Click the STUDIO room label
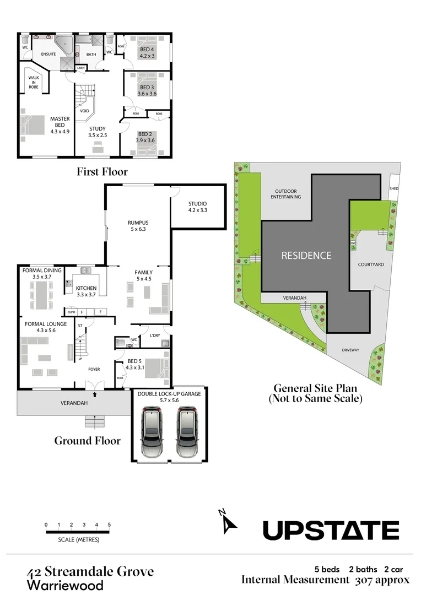click(x=197, y=203)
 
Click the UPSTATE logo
click(x=331, y=531)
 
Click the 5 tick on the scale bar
click(x=110, y=524)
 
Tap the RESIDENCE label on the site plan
click(x=306, y=256)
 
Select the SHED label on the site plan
click(x=393, y=188)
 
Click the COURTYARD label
click(x=371, y=264)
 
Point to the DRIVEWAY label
click(x=350, y=349)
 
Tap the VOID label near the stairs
click(x=84, y=111)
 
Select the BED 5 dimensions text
click(x=134, y=367)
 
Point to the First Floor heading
click(x=102, y=172)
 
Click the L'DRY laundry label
click(x=154, y=336)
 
